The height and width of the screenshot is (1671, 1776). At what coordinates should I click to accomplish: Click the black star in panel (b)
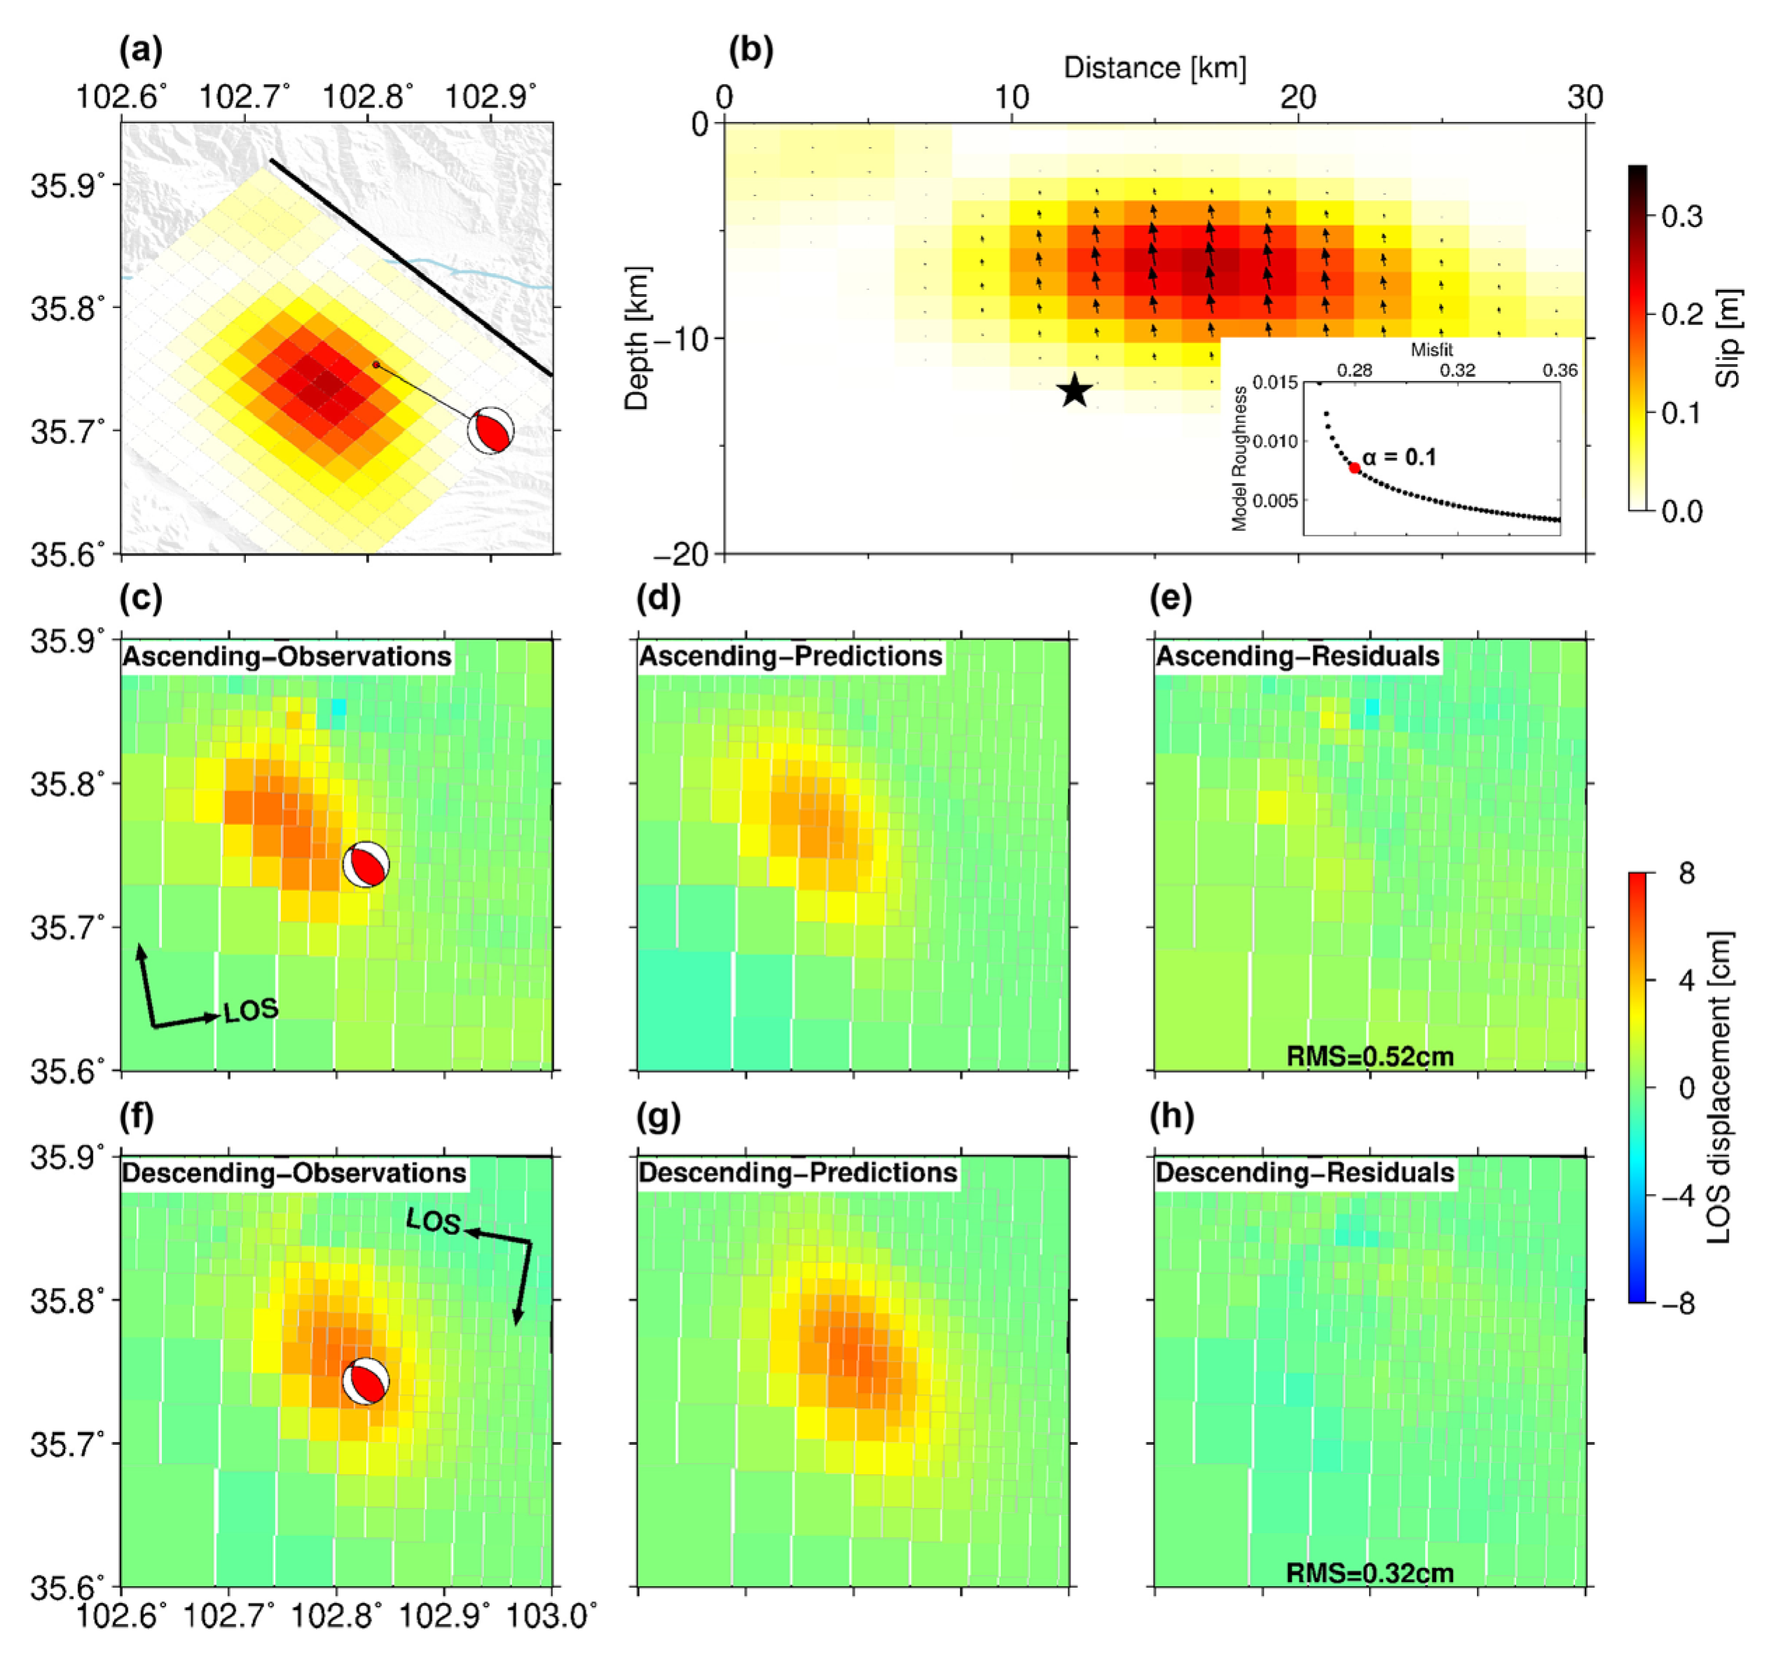[1075, 390]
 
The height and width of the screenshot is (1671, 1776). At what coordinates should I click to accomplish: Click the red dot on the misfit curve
[1354, 468]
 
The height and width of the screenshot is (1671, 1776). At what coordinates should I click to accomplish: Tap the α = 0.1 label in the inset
[1400, 457]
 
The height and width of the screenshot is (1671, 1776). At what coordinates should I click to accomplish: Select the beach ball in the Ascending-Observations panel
[366, 864]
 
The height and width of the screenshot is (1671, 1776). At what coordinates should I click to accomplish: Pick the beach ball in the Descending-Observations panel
[366, 1381]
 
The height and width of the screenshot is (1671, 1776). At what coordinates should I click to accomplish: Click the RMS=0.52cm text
[1370, 1057]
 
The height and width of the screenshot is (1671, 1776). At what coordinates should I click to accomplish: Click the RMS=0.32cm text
[1370, 1573]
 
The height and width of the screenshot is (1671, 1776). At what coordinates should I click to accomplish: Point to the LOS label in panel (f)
[433, 1221]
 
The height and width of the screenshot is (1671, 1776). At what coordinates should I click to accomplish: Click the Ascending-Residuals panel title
[1297, 656]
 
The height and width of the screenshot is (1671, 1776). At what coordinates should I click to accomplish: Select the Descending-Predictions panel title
[798, 1172]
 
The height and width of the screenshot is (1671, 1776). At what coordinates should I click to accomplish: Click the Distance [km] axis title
[1154, 68]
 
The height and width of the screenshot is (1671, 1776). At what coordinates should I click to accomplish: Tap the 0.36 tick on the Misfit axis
[1559, 370]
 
